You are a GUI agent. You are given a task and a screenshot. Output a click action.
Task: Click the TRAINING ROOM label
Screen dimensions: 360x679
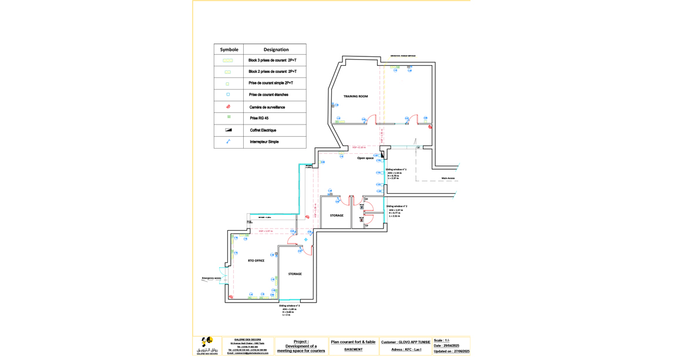click(x=355, y=96)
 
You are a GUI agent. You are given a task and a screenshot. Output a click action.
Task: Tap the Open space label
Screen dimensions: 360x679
click(x=365, y=158)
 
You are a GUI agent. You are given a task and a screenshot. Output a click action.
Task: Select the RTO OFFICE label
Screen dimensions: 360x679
click(x=256, y=261)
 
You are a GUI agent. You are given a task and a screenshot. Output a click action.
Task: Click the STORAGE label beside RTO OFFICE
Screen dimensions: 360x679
click(x=295, y=274)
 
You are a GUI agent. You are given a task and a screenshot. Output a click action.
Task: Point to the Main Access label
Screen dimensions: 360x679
click(x=448, y=179)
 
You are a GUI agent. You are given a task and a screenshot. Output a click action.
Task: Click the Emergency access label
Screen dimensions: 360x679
click(x=211, y=278)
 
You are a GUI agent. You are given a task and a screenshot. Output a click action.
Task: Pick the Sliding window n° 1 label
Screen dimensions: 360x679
click(x=396, y=169)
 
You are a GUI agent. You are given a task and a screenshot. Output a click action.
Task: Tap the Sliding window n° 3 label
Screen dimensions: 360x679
click(x=290, y=305)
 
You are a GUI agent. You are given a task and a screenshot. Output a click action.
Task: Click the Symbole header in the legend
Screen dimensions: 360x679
click(x=229, y=50)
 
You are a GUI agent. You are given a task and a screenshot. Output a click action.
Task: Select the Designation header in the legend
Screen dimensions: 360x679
click(x=276, y=50)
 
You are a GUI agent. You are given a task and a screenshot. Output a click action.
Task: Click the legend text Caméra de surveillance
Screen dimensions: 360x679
click(x=267, y=107)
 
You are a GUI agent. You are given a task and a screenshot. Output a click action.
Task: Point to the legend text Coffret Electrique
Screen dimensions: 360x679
click(x=263, y=130)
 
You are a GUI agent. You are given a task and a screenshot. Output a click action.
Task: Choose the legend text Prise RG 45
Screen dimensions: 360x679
click(x=259, y=119)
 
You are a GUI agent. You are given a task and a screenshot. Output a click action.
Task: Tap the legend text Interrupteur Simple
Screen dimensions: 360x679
click(x=264, y=142)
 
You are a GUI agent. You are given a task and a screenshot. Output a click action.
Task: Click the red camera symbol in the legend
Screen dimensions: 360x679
click(x=228, y=107)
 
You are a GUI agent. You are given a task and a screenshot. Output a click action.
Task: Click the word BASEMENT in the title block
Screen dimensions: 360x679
click(x=353, y=350)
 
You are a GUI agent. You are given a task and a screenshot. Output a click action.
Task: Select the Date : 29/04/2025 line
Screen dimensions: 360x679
click(x=446, y=346)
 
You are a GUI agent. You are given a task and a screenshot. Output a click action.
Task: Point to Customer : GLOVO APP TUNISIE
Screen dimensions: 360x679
click(x=406, y=342)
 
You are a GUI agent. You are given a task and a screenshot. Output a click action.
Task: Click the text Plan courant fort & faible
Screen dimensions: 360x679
click(x=353, y=342)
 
